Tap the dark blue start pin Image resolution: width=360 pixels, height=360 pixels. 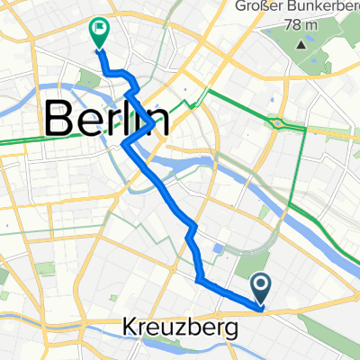261,288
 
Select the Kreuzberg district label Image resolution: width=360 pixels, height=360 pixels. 179,328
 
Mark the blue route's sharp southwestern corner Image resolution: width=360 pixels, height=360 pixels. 197,282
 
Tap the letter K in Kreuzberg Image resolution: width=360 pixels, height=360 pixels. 128,328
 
